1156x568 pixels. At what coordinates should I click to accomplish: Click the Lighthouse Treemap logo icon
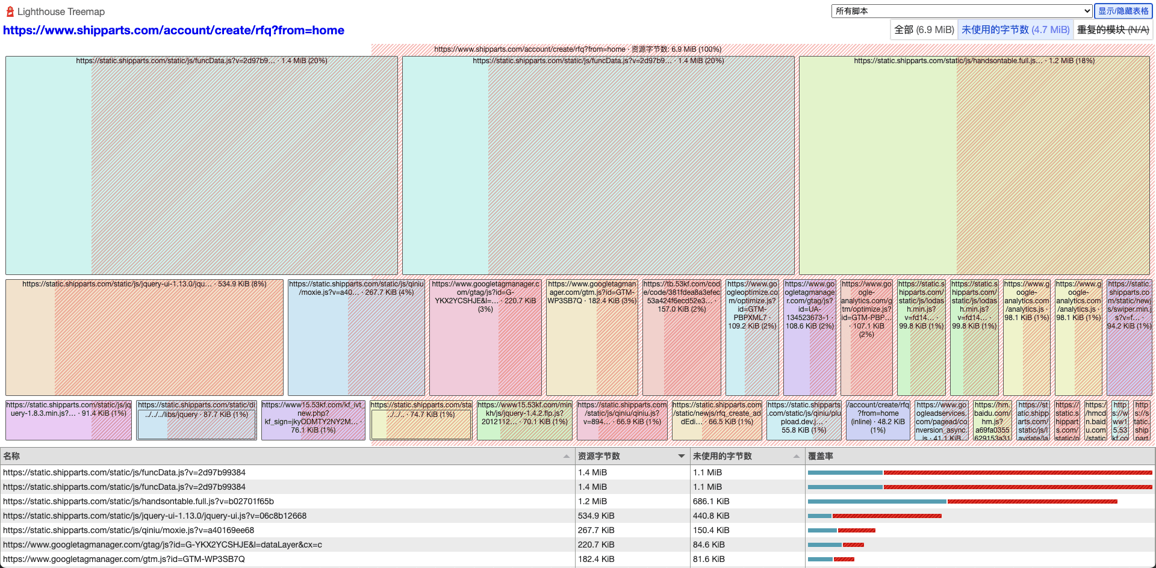click(x=10, y=11)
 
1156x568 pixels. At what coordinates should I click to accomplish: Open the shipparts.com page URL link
click(x=173, y=30)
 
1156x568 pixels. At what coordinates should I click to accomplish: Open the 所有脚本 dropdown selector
click(x=962, y=11)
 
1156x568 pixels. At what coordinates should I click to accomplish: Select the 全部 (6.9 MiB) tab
click(x=924, y=29)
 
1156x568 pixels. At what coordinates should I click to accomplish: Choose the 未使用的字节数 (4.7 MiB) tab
click(x=1015, y=29)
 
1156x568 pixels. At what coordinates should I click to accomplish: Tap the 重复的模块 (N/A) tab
click(x=1113, y=29)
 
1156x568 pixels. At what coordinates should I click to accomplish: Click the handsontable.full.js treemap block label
click(x=974, y=61)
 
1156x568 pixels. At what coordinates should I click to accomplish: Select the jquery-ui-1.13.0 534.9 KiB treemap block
click(x=144, y=337)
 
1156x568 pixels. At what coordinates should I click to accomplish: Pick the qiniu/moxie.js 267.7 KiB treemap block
click(x=356, y=337)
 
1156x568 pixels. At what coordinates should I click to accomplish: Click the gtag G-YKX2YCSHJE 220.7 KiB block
click(x=485, y=337)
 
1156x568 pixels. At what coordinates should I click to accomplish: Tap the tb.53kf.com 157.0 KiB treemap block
click(x=681, y=337)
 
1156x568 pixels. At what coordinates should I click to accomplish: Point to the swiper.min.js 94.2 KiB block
click(x=1129, y=337)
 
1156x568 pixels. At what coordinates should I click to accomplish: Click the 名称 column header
click(x=12, y=456)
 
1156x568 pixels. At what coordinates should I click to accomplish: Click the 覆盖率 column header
click(x=821, y=456)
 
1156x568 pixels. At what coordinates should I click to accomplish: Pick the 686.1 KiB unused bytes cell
click(x=711, y=501)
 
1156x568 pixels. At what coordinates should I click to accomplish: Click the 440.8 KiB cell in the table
click(x=711, y=516)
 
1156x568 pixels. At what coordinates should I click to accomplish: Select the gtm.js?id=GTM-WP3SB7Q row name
click(x=124, y=559)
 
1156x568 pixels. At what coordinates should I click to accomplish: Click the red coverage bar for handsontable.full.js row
click(x=1032, y=501)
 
